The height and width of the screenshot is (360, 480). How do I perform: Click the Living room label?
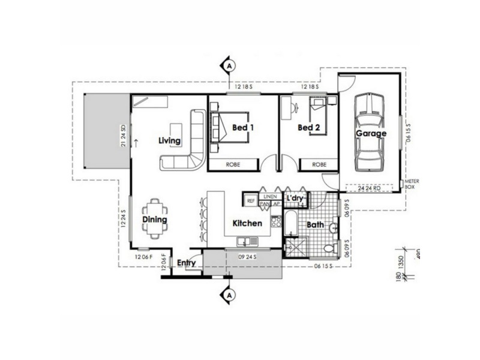click(x=170, y=141)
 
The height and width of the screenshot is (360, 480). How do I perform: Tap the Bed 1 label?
click(x=243, y=127)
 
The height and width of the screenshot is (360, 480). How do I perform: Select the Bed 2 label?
click(x=309, y=128)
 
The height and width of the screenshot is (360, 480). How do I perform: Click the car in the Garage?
click(x=369, y=132)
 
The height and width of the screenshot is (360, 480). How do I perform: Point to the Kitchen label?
click(x=247, y=223)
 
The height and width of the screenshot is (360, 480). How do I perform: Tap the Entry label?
click(x=186, y=263)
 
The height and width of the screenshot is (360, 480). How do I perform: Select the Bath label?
click(x=316, y=225)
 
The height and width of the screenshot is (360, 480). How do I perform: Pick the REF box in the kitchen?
click(x=251, y=200)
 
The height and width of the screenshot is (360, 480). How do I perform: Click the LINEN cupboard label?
click(x=270, y=196)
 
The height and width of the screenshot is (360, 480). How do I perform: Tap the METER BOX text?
click(x=412, y=184)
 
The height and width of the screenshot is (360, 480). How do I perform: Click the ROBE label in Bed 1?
click(x=233, y=164)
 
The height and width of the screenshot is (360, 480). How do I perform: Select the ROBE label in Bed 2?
click(x=319, y=164)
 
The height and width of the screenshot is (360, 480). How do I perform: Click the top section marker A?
click(x=229, y=65)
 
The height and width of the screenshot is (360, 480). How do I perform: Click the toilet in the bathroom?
click(x=328, y=248)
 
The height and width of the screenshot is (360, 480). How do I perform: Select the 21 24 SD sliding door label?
click(x=122, y=136)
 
